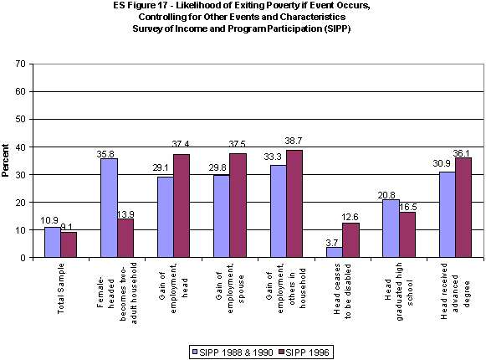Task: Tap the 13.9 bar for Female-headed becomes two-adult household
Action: [x=125, y=238]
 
